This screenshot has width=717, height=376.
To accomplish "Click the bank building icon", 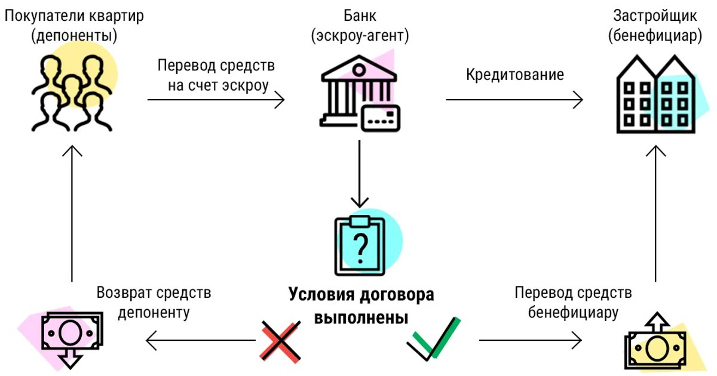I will pos(358,93).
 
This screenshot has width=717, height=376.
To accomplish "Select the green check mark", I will pos(434,339).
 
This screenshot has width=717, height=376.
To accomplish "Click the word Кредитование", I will pos(514,75).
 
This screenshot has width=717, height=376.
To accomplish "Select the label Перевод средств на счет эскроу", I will pos(216,75).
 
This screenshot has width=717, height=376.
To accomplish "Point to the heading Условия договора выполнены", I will pos(361,304).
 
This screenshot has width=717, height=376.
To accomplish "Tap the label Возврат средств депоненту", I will pos(154,302).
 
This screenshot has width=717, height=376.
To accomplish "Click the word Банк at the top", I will pos(359,14).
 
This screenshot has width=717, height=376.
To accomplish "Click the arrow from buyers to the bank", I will pos(216,100).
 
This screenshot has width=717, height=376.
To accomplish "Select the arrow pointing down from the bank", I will pos(358,173).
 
